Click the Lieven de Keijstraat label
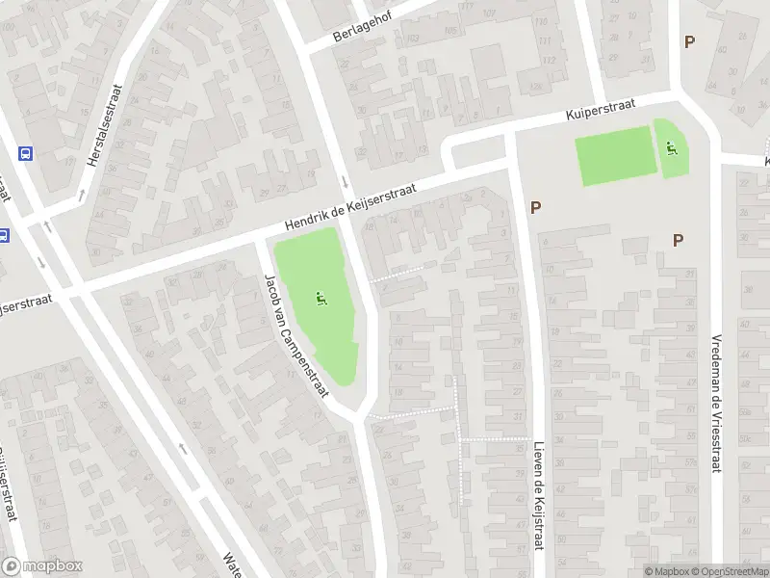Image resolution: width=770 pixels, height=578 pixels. point(537,496)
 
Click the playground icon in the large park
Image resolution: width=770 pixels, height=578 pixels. point(320,300)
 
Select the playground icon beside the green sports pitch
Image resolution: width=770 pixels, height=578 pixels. point(672,147)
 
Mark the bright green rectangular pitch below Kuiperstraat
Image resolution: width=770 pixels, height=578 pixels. point(616,155)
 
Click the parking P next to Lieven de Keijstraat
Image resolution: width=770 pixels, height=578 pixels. point(535,207)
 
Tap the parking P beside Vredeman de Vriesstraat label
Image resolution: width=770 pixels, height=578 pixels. point(678,240)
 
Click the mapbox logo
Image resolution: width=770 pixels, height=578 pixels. point(42,566)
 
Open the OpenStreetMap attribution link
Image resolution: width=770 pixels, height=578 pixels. point(730,571)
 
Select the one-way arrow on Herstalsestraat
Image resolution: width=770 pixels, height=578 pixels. point(81,195)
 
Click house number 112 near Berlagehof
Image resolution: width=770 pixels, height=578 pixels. point(550,60)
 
